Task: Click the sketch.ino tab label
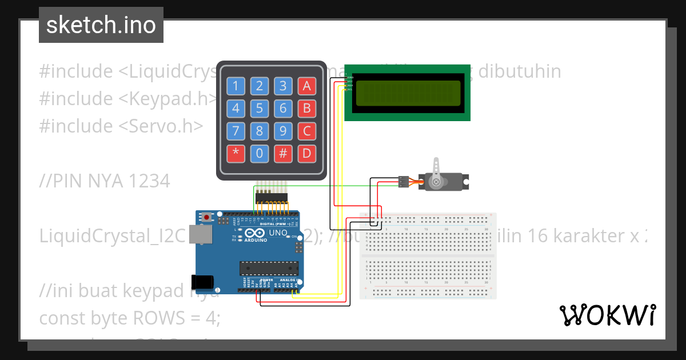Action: (x=101, y=25)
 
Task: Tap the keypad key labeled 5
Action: (x=260, y=108)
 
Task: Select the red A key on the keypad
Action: (x=307, y=86)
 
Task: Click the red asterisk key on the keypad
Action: (x=236, y=153)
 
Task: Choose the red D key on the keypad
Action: (x=307, y=153)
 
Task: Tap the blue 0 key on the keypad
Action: (x=260, y=153)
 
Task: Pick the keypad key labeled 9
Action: (x=283, y=131)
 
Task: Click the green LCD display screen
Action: (x=408, y=93)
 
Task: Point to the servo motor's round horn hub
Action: (x=437, y=182)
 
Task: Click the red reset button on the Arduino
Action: (x=206, y=217)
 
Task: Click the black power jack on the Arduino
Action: (x=202, y=281)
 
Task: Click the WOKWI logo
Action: (x=607, y=315)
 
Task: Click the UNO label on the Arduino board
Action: (x=278, y=233)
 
